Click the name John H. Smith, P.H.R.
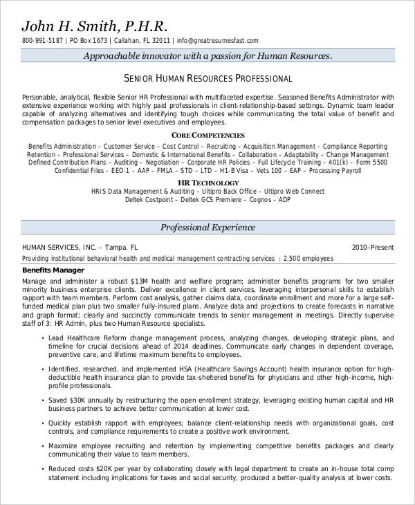[95, 26]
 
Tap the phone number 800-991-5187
[43, 41]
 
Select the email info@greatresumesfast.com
[219, 41]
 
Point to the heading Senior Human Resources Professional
[207, 77]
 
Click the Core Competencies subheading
[207, 135]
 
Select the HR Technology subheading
[207, 181]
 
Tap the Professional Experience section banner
[207, 227]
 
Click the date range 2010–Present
[373, 246]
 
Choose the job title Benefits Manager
[53, 270]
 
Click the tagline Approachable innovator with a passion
[207, 57]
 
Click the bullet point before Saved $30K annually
[43, 401]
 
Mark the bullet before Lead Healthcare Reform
[43, 338]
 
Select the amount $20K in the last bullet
[98, 468]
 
